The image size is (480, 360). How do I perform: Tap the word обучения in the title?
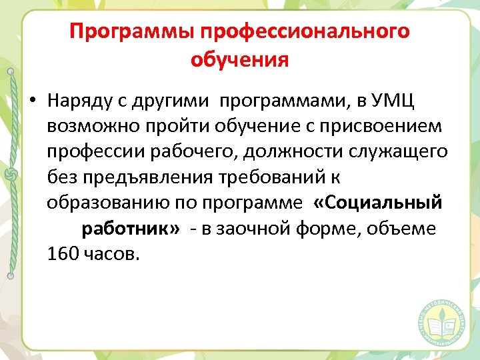point(239,60)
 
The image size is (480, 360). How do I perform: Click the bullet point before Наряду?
point(32,101)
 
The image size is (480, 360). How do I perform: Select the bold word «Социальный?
point(377,203)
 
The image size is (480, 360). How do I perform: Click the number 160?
point(64,254)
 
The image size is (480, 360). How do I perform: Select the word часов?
point(113,254)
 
